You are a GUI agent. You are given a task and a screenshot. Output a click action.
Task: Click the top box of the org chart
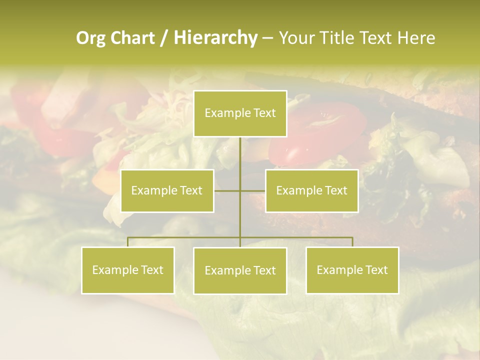tap(240, 113)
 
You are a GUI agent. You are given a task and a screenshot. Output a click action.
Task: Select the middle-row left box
tap(167, 190)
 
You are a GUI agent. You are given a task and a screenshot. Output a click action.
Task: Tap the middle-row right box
tap(311, 190)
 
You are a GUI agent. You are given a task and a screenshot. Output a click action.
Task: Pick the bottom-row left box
tap(128, 270)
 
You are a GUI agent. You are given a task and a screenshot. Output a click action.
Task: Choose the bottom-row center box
tap(240, 270)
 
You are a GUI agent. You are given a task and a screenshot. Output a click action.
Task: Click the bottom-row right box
tap(352, 270)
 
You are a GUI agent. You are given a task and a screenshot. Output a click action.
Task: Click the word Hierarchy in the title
tap(215, 38)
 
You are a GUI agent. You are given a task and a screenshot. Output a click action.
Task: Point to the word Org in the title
tap(90, 38)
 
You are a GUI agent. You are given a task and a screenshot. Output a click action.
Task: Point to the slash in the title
tap(164, 38)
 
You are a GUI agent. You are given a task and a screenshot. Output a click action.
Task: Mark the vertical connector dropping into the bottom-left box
tap(128, 242)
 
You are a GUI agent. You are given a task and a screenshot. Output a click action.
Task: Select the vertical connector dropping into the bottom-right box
tap(352, 242)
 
